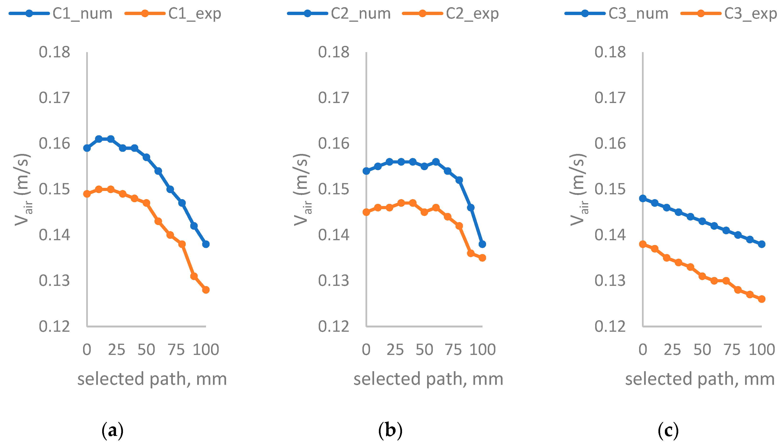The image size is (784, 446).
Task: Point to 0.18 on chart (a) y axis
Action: pos(54,52)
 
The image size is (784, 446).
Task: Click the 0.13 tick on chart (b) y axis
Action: pos(334,281)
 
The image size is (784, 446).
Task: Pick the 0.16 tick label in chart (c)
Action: pos(610,144)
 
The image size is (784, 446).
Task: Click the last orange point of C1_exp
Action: pos(206,290)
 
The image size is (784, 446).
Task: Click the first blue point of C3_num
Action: pos(643,198)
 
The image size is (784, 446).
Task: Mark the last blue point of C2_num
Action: pos(482,244)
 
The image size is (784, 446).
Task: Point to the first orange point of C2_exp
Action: pos(366,212)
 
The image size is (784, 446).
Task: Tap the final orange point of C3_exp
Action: pos(762,299)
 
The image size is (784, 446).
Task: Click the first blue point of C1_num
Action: pos(87,148)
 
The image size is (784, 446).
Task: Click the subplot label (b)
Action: pos(390,430)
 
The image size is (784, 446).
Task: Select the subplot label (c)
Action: pos(668,430)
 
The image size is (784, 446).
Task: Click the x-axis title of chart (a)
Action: pos(152,379)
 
